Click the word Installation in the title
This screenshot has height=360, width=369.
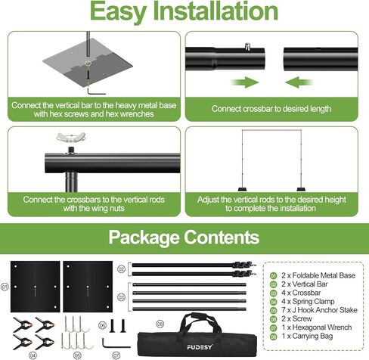[220, 13]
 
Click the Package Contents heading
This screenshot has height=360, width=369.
[184, 237]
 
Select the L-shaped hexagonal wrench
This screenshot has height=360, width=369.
[112, 341]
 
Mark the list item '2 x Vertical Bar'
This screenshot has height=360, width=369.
[306, 285]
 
